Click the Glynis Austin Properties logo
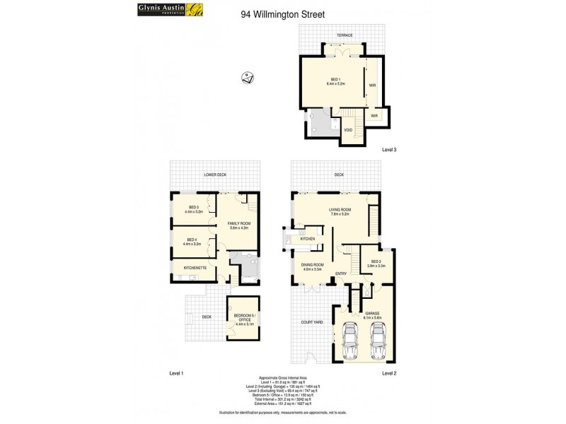pyautogui.click(x=150, y=10)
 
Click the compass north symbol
pyautogui.click(x=247, y=78)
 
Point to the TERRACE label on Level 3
pyautogui.click(x=345, y=35)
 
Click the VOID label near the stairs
pyautogui.click(x=348, y=130)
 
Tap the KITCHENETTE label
pyautogui.click(x=195, y=269)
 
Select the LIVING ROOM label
pyautogui.click(x=340, y=211)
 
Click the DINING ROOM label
pyautogui.click(x=312, y=267)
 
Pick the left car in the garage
pyautogui.click(x=350, y=343)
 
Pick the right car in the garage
pyautogui.click(x=379, y=343)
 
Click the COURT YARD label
pyautogui.click(x=312, y=322)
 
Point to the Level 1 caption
pyautogui.click(x=176, y=372)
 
